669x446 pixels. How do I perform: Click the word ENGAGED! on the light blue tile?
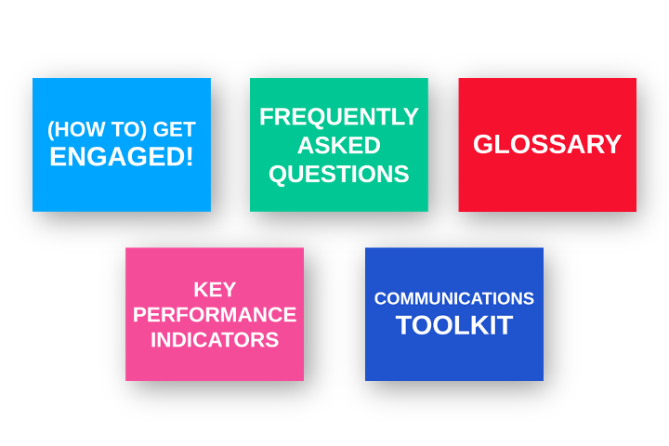click(x=122, y=156)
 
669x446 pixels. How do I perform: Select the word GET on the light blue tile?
click(x=174, y=129)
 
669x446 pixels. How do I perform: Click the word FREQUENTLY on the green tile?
click(x=339, y=116)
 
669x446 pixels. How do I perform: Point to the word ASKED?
click(x=339, y=145)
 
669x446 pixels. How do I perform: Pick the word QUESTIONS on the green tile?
click(x=339, y=174)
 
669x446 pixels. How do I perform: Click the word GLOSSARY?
click(x=547, y=144)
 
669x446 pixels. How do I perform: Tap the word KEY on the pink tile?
click(x=215, y=290)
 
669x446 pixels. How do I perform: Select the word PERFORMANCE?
click(x=215, y=315)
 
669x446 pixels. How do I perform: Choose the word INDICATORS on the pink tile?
click(x=215, y=340)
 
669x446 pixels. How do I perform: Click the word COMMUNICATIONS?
click(x=454, y=298)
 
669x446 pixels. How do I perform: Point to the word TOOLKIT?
click(x=454, y=325)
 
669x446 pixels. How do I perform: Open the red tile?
click(x=547, y=145)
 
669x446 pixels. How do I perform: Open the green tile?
click(x=339, y=145)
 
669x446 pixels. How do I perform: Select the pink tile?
click(x=215, y=314)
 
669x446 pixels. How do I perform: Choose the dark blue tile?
click(x=454, y=314)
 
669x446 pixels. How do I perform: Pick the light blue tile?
click(x=122, y=145)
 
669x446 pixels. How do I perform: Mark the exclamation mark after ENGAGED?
click(x=190, y=156)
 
